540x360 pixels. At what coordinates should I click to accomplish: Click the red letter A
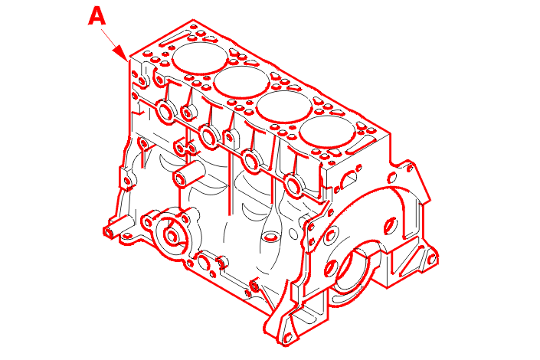[97, 16]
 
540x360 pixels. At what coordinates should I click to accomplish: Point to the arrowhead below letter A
[121, 53]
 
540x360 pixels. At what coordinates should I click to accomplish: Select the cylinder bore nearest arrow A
[200, 58]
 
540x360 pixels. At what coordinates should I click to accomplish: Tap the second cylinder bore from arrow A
[242, 82]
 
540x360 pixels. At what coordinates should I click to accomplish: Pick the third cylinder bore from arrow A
[284, 106]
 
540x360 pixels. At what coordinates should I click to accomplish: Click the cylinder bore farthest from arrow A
[327, 132]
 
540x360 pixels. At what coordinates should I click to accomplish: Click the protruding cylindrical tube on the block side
[188, 175]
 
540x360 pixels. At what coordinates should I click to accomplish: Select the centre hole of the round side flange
[171, 237]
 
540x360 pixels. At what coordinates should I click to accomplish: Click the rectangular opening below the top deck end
[350, 178]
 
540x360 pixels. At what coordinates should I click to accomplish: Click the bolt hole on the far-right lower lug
[431, 259]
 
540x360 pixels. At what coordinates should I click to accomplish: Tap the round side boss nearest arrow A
[166, 112]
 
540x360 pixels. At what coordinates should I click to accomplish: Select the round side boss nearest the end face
[294, 186]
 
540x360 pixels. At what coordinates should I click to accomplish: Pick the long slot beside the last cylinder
[360, 146]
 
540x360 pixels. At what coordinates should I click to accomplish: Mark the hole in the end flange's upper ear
[410, 169]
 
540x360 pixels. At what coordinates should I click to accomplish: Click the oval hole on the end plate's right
[390, 226]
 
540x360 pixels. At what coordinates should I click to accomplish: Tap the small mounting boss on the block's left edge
[127, 180]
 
